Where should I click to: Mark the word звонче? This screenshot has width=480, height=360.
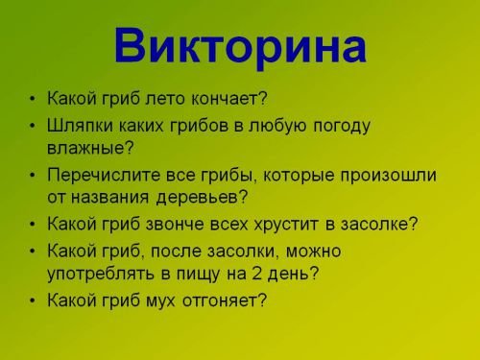[x=180, y=225]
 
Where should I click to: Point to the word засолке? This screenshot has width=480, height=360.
[x=379, y=225]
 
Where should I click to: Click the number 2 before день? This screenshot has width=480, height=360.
[x=259, y=275]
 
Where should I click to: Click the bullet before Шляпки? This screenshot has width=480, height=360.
[x=35, y=126]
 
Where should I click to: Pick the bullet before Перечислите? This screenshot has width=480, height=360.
[x=35, y=176]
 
